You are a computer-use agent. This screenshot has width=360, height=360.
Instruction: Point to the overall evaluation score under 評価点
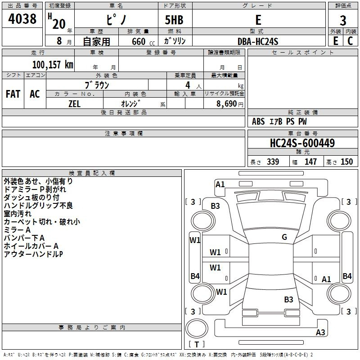click(343, 20)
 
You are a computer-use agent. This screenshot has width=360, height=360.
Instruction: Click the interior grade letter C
click(350, 41)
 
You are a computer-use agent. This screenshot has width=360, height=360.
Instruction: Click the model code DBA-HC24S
click(258, 41)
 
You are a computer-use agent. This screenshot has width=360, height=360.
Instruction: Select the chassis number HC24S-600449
click(302, 143)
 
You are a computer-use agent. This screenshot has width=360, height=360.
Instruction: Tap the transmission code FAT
click(13, 94)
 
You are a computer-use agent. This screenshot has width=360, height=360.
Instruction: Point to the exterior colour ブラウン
click(97, 85)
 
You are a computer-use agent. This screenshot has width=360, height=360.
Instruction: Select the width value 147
click(310, 162)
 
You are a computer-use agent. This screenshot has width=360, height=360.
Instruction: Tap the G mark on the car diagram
click(284, 237)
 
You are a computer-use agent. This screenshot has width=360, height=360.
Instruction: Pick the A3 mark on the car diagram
click(320, 333)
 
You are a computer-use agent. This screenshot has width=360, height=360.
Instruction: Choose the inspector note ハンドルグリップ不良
click(38, 206)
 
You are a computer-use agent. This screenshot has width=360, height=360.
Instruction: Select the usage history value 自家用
click(96, 41)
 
